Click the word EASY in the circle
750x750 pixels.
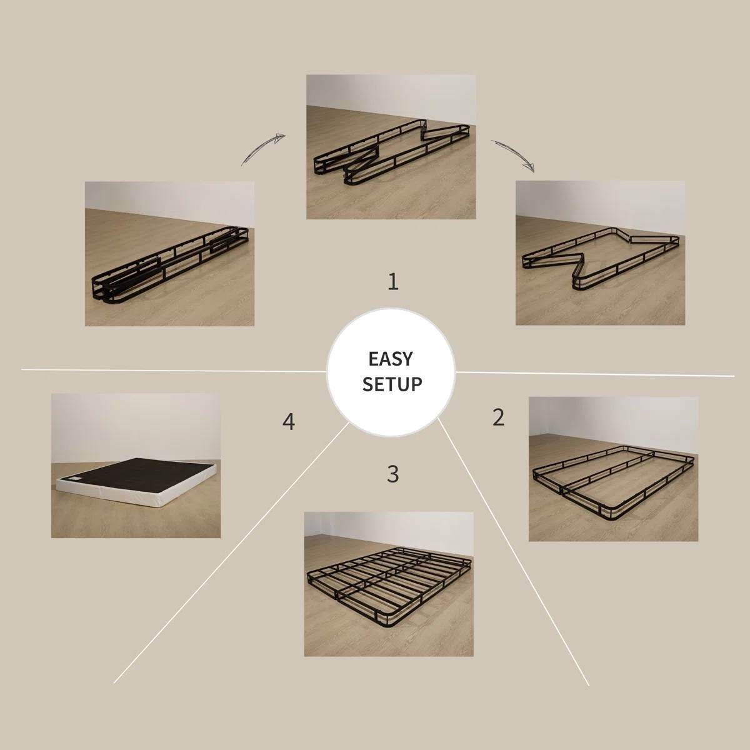[391, 359]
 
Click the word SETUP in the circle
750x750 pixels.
[392, 383]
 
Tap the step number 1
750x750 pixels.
[392, 282]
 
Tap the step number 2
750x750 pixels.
[498, 417]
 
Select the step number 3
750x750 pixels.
[392, 474]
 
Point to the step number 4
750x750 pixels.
[288, 422]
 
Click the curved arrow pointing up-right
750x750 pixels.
[263, 149]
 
